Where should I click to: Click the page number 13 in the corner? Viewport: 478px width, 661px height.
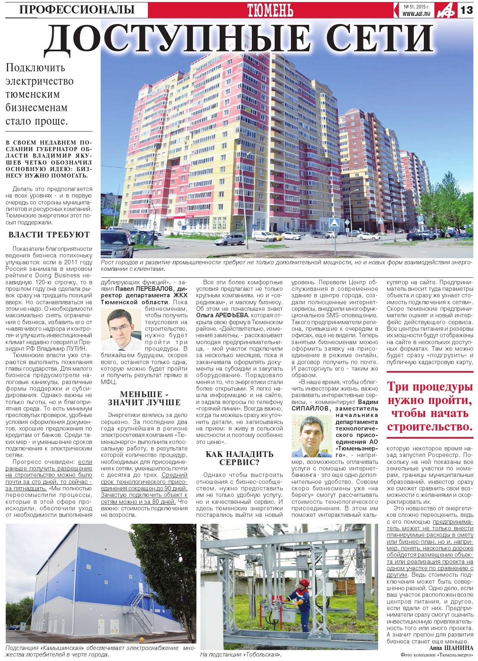point(467,10)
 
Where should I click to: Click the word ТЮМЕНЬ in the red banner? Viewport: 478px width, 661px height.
point(270,10)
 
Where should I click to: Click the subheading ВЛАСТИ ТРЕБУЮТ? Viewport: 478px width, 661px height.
point(49,235)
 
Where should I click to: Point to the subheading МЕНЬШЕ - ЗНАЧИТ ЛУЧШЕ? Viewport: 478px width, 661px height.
point(144,399)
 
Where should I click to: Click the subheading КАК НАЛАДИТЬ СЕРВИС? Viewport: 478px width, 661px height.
point(239,458)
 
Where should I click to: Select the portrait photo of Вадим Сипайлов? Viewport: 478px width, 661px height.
point(312,436)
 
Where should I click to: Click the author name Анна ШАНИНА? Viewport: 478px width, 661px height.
point(451,648)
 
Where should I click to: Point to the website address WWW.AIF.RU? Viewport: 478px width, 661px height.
point(416,14)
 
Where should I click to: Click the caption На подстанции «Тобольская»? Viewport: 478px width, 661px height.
point(241,655)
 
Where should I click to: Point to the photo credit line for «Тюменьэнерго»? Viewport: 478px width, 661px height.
point(437,655)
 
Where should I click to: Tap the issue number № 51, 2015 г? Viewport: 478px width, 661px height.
point(416,7)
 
